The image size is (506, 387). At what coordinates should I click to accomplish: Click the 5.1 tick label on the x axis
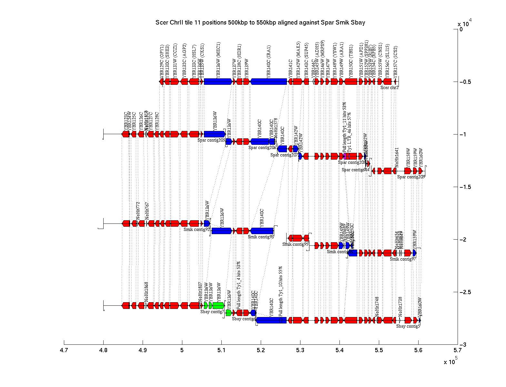pyautogui.click(x=221, y=351)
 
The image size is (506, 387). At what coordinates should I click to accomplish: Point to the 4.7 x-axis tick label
pyautogui.click(x=64, y=351)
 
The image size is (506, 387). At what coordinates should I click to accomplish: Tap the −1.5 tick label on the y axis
pyautogui.click(x=465, y=187)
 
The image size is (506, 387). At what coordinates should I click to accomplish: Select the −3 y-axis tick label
pyautogui.click(x=463, y=345)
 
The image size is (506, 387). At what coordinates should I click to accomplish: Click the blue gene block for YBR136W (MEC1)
pyautogui.click(x=218, y=82)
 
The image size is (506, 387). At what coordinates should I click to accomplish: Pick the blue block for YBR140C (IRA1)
pyautogui.click(x=268, y=82)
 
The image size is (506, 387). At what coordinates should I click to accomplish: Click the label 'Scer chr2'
pyautogui.click(x=389, y=87)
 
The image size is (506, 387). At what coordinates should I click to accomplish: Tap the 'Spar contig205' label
pyautogui.click(x=211, y=140)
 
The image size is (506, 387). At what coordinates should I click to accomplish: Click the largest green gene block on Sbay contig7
pyautogui.click(x=218, y=305)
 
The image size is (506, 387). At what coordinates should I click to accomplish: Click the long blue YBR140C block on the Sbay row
pyautogui.click(x=271, y=320)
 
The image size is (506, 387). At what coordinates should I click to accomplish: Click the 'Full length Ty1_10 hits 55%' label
pyautogui.click(x=280, y=291)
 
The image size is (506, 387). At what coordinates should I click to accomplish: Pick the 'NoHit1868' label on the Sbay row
pyautogui.click(x=147, y=292)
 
